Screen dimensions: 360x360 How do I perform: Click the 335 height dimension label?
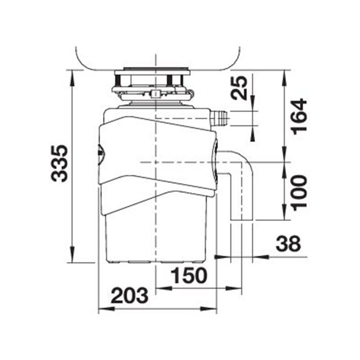(60, 163)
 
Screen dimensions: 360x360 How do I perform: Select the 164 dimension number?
(298, 116)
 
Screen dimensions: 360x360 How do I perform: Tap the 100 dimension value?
(298, 191)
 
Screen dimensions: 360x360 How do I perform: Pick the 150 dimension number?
(188, 276)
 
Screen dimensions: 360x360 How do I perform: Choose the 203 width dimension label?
(130, 296)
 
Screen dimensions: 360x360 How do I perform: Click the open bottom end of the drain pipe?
(242, 220)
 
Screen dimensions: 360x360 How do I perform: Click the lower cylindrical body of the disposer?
(155, 234)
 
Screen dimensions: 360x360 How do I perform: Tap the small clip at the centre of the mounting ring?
(155, 93)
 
